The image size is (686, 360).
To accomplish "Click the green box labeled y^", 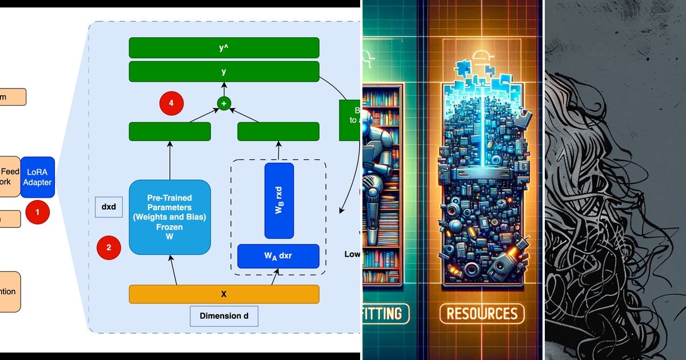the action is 224,47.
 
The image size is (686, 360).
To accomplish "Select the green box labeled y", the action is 224,72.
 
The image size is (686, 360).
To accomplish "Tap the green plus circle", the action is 224,103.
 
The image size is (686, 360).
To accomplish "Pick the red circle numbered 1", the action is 38,212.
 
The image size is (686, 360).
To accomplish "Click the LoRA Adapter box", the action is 38,177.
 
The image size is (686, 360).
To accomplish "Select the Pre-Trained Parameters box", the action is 170,217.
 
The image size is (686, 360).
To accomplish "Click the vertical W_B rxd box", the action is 279,201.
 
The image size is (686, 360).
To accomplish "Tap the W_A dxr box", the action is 278,256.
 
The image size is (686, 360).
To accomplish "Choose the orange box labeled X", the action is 224,294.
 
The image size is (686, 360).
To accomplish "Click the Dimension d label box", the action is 224,316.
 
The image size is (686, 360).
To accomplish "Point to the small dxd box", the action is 109,207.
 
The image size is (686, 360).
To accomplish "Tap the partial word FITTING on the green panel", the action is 386,313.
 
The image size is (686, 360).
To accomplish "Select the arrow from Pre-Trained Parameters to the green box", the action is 170,160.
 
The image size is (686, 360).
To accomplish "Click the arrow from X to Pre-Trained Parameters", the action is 171,270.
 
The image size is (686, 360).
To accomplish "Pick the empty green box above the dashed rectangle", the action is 278,131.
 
